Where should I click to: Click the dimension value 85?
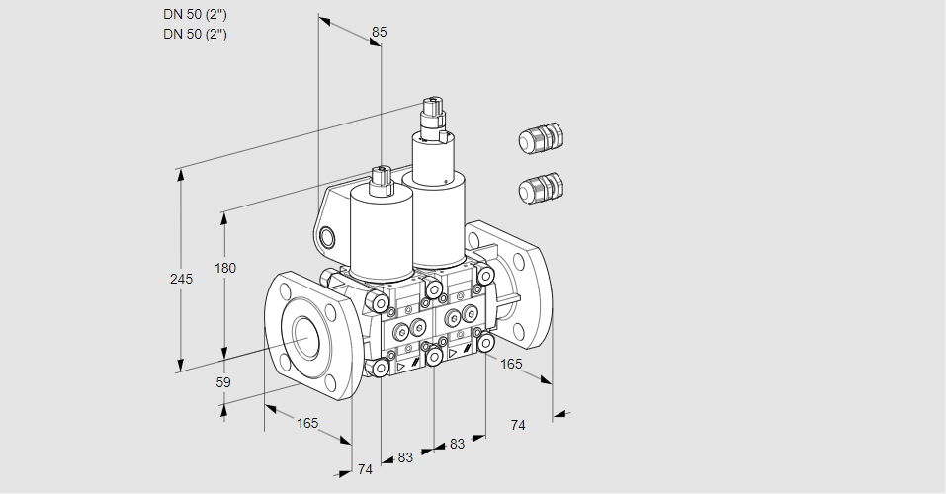click(379, 32)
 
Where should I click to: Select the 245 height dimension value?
click(181, 279)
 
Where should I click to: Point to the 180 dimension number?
click(225, 268)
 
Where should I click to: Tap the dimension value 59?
click(223, 382)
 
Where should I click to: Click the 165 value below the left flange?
click(307, 424)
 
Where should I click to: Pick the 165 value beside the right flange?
click(511, 364)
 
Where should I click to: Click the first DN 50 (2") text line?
click(195, 15)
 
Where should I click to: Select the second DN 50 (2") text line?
click(195, 34)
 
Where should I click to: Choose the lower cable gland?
click(541, 188)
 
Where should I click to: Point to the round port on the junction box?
click(327, 237)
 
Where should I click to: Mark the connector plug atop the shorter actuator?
click(382, 180)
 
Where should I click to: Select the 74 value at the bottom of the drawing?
click(365, 469)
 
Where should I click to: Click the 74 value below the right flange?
click(518, 425)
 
